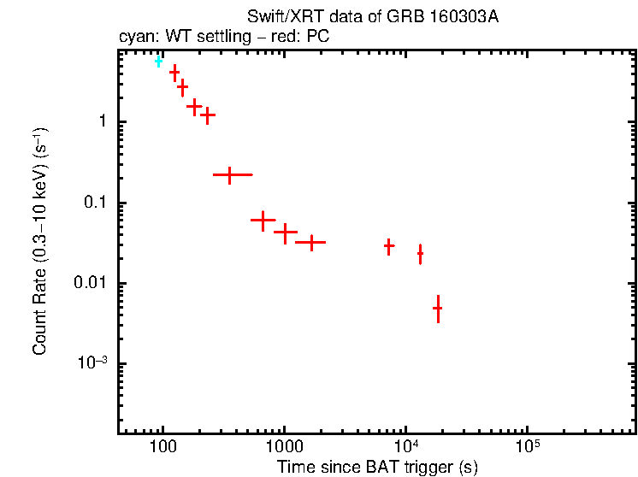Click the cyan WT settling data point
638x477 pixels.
pos(158,61)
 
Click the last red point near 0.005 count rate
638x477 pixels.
pos(437,308)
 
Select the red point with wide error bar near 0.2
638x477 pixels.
pos(229,174)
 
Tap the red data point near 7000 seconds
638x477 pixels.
pos(389,246)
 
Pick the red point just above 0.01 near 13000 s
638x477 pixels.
pos(420,254)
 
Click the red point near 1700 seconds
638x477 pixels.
pos(310,243)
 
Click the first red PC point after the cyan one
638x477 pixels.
pos(174,74)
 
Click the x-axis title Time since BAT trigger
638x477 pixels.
pos(377,467)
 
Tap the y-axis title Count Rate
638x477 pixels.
pos(40,241)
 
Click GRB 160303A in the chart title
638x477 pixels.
pos(456,18)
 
